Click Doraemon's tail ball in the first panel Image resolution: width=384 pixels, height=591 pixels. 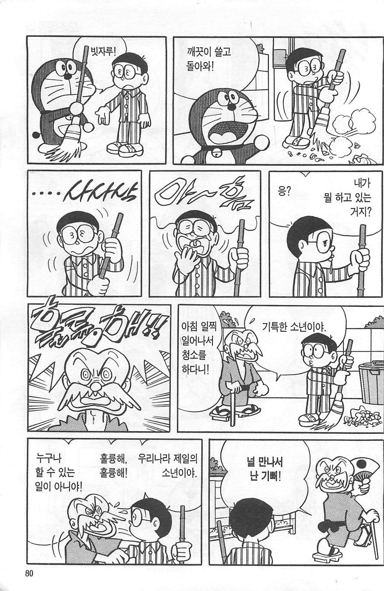(x=35, y=135)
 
